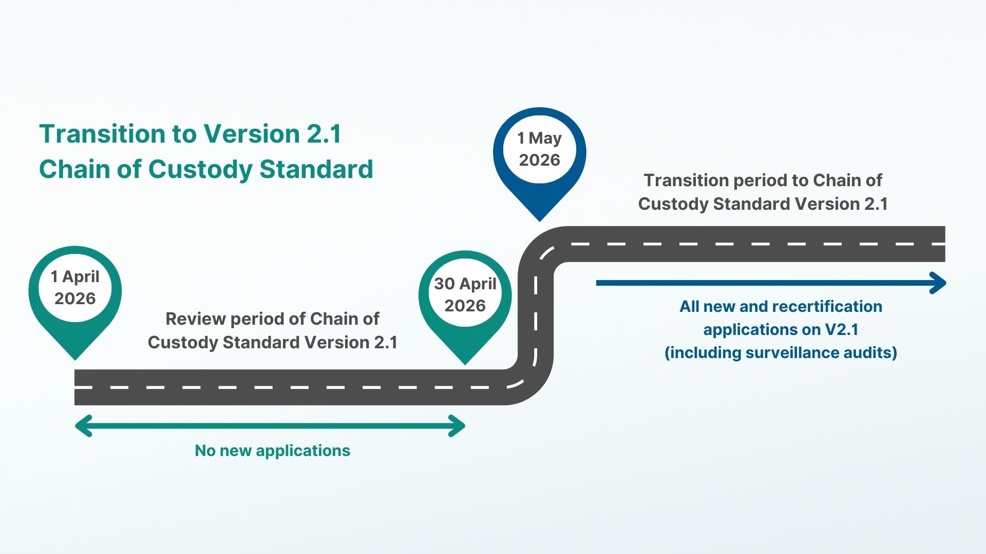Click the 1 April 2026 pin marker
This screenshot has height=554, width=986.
pyautogui.click(x=75, y=292)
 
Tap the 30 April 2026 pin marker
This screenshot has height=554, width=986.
pyautogui.click(x=465, y=298)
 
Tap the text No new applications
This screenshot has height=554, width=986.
pyautogui.click(x=272, y=450)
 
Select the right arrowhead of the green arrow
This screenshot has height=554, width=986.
pyautogui.click(x=458, y=426)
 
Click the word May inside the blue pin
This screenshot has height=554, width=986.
pyautogui.click(x=545, y=138)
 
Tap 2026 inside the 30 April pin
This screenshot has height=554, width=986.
pyautogui.click(x=465, y=306)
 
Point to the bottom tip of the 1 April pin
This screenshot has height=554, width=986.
pyautogui.click(x=75, y=358)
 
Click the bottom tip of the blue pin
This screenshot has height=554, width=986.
pyautogui.click(x=540, y=220)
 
